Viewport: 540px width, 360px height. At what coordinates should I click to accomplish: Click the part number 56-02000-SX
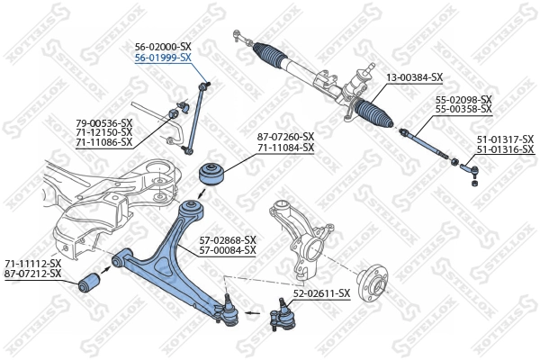(x=163, y=46)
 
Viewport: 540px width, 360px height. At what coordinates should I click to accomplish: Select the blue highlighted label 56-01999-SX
(x=163, y=57)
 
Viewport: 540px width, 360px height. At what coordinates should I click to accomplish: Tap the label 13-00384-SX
(x=415, y=77)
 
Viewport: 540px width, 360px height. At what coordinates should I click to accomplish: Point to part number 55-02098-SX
(x=463, y=99)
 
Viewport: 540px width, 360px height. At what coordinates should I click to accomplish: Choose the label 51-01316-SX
(x=505, y=148)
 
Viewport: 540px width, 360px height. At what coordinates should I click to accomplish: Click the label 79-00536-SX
(x=103, y=122)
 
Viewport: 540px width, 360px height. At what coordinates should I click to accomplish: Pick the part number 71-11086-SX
(x=103, y=142)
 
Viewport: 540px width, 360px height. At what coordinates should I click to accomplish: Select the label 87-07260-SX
(x=286, y=137)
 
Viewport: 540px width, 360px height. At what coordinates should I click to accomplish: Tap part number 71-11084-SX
(x=286, y=148)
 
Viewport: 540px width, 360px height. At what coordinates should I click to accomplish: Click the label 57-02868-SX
(x=228, y=239)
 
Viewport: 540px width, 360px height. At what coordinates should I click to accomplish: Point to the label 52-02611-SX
(x=321, y=293)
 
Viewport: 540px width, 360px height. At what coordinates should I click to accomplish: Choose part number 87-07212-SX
(x=33, y=273)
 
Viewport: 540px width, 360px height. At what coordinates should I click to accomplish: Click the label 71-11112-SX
(x=33, y=263)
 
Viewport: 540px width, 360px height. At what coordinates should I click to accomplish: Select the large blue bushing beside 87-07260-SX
(x=214, y=173)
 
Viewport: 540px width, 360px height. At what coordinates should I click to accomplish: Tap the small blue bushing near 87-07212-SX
(x=89, y=283)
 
